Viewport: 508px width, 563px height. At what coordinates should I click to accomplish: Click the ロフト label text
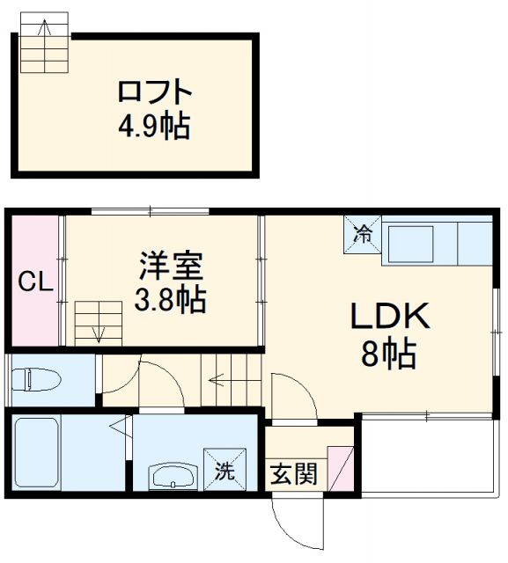[x=155, y=92]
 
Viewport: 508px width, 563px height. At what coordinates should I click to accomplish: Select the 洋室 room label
[x=171, y=266]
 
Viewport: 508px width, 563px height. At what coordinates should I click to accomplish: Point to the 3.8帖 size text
[x=170, y=299]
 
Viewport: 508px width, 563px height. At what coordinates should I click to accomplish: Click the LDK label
[x=390, y=316]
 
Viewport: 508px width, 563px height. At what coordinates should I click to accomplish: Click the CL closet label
[x=36, y=282]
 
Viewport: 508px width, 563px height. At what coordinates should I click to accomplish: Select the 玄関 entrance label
[x=294, y=473]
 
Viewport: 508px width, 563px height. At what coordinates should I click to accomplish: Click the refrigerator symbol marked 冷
[x=363, y=235]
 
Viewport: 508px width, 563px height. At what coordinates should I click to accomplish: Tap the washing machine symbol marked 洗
[x=225, y=469]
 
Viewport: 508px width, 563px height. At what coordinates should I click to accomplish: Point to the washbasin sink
[x=173, y=475]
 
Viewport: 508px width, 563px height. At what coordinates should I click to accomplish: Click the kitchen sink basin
[x=410, y=245]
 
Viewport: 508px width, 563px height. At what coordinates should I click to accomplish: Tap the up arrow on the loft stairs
[x=45, y=28]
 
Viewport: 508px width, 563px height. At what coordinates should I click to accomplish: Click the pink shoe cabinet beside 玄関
[x=341, y=469]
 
